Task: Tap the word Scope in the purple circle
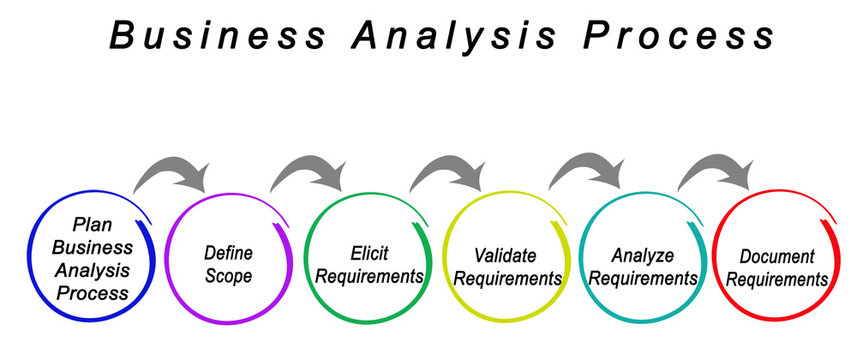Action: (228, 276)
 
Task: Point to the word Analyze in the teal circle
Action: (644, 255)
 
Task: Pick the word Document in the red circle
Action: (778, 257)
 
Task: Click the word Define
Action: (227, 253)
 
